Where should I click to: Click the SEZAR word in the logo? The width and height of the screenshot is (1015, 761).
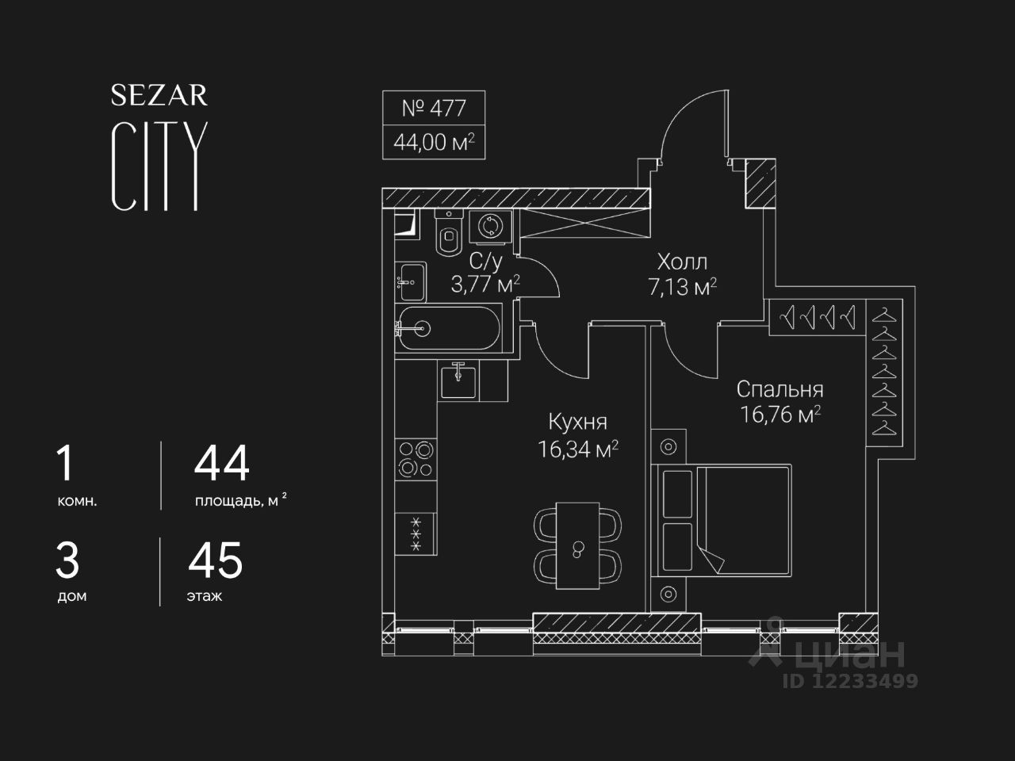tap(159, 95)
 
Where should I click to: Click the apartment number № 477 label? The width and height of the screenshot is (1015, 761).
tap(433, 108)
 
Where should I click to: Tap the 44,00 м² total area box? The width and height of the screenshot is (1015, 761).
tap(433, 143)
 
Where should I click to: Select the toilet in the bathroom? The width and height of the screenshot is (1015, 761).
tap(449, 235)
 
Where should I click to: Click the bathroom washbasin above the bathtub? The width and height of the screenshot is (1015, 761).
tap(411, 281)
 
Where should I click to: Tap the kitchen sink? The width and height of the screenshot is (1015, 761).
tap(459, 380)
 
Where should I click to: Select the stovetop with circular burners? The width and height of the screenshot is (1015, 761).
tap(416, 458)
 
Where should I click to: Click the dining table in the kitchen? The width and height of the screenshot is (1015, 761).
tap(578, 545)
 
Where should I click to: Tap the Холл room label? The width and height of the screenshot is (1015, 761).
tap(682, 262)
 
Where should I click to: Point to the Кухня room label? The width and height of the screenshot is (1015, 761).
tap(578, 422)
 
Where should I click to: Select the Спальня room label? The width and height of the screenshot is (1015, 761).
tap(779, 389)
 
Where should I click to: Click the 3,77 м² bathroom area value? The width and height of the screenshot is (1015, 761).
tap(485, 285)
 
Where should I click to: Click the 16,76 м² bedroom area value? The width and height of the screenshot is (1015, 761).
tap(779, 415)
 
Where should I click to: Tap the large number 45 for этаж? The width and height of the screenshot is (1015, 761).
tap(216, 560)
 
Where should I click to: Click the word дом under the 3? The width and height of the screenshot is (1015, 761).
tap(71, 596)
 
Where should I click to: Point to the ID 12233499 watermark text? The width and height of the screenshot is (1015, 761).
tap(850, 680)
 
